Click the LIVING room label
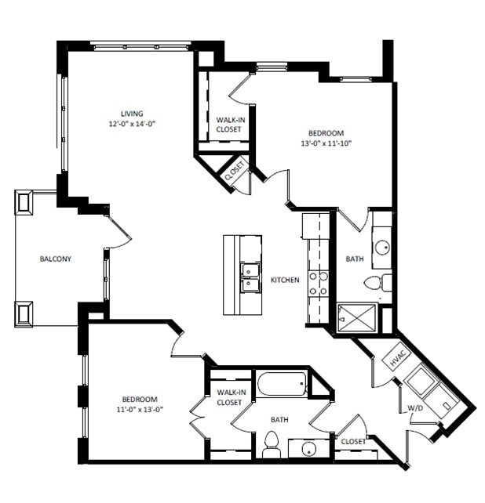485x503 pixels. point(131,114)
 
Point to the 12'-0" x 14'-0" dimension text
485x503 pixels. point(131,124)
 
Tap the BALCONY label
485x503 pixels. point(56,259)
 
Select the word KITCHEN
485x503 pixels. point(285,280)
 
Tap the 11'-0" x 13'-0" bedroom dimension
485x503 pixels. point(140,409)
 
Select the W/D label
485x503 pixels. point(414,408)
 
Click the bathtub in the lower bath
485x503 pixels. point(281,385)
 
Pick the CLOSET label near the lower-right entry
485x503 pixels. point(353,442)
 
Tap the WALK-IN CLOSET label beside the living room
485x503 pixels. point(229,124)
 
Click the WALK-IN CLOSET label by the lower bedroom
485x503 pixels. point(229,396)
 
